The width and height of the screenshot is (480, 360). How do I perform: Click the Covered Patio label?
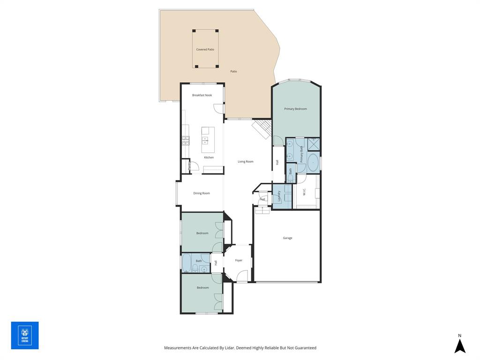point(205,49)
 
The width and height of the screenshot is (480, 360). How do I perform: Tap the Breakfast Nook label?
point(202,95)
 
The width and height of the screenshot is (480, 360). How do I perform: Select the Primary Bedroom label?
point(295,109)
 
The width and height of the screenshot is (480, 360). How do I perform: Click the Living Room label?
point(245,161)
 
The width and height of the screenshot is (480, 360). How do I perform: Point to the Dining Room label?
point(202,193)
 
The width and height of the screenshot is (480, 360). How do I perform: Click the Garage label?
point(287,238)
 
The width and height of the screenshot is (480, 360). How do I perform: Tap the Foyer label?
point(239,260)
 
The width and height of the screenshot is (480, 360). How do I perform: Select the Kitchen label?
point(209,157)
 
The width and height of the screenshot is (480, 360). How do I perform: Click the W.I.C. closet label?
point(304,192)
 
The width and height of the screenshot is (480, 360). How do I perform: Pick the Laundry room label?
point(279,195)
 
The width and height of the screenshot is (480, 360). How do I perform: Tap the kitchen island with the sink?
point(208,140)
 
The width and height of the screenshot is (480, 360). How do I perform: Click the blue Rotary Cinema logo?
point(25,335)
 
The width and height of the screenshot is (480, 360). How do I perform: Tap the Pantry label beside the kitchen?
point(189,165)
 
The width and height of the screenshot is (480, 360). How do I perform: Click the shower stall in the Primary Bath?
point(314,144)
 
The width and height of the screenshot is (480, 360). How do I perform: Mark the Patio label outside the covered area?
point(233,71)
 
